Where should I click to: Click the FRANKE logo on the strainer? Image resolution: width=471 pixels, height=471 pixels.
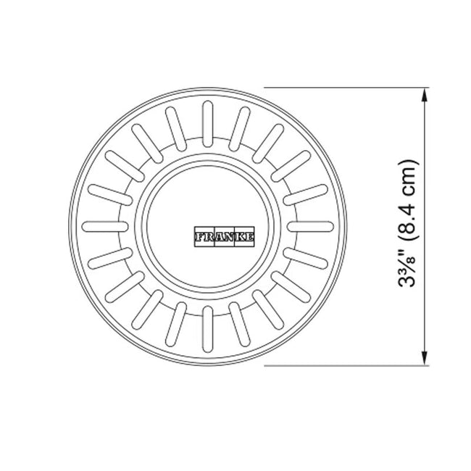click(224, 237)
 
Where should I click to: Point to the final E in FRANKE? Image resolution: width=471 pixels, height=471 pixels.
click(249, 237)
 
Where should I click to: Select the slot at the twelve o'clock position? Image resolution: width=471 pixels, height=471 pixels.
click(207, 124)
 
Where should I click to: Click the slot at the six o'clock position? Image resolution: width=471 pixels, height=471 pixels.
click(207, 329)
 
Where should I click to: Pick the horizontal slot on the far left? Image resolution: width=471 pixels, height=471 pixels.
click(105, 227)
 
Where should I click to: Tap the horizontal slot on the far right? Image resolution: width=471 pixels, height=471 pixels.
click(310, 227)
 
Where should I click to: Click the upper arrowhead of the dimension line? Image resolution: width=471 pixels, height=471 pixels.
click(424, 96)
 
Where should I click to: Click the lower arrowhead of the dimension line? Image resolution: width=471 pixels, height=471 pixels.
click(424, 358)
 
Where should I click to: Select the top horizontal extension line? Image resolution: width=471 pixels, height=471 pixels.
click(346, 88)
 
